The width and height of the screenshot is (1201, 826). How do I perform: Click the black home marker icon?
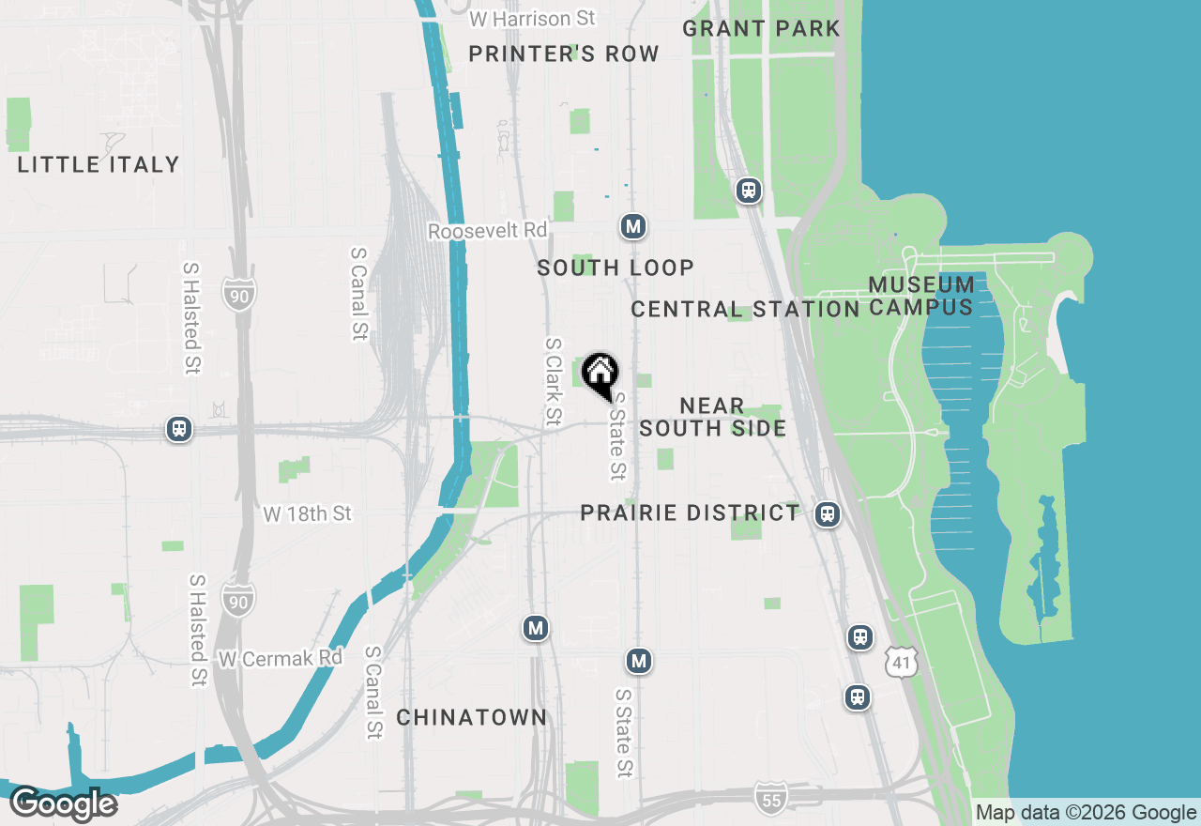coord(600,375)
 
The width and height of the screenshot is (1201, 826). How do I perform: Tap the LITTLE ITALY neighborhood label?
coord(99,164)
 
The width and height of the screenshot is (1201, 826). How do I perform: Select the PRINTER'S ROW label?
coord(564,54)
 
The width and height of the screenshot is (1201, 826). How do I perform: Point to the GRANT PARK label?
coord(761,28)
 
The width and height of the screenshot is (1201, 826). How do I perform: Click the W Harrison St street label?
coord(533,19)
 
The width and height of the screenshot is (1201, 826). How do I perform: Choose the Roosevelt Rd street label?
coord(487,231)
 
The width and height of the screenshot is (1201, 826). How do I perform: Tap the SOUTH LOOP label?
coord(616,268)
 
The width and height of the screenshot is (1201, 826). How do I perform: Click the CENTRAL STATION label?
coord(745,309)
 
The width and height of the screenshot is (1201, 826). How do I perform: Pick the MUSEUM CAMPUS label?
coord(920,296)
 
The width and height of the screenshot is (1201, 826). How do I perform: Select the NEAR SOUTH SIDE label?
coord(712,417)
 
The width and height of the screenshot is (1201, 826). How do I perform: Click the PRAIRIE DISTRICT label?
coord(690,512)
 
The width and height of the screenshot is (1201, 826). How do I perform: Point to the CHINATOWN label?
coord(471,717)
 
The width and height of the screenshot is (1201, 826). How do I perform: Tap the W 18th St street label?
coord(307,513)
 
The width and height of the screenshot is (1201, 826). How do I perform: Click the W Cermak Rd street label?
coord(281,658)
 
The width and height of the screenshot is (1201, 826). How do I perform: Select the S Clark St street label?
coord(554,380)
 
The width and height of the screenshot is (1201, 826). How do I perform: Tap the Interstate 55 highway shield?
coord(769,799)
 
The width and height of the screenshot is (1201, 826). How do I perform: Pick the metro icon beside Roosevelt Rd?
coord(633,226)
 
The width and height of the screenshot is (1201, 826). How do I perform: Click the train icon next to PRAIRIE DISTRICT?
coord(827,513)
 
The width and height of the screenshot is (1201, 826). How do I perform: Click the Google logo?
coord(64,804)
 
